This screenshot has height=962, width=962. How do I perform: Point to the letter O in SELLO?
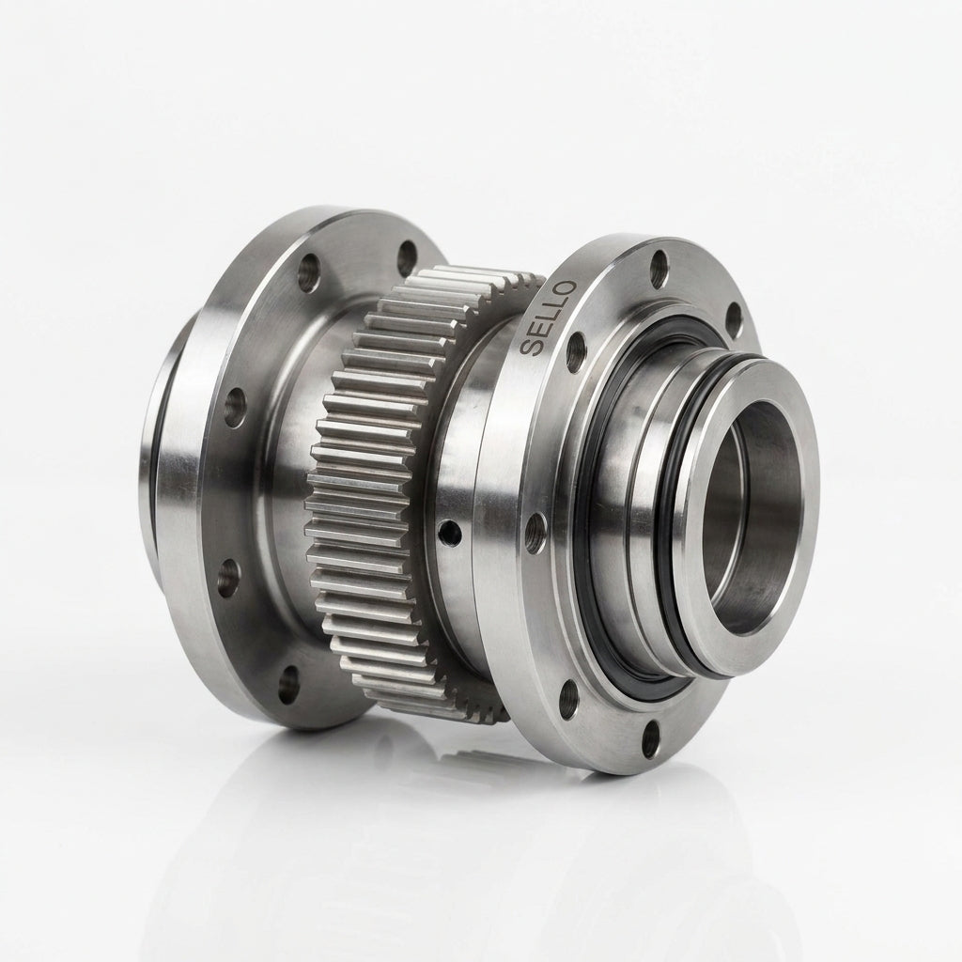click(566, 289)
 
